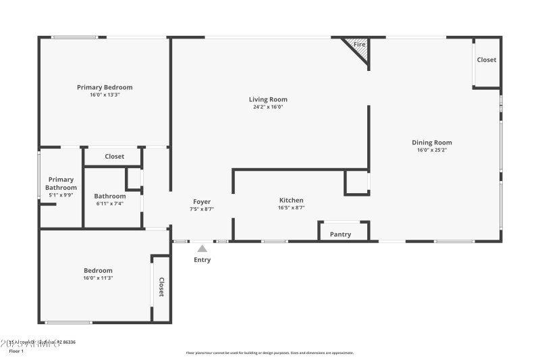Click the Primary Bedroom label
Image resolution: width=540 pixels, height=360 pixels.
[105, 87]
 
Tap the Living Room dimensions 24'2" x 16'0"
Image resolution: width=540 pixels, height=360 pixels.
[268, 107]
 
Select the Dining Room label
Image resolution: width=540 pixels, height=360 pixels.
[432, 143]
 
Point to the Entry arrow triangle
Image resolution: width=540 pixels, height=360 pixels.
[202, 249]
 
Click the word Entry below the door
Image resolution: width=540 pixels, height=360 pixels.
[202, 260]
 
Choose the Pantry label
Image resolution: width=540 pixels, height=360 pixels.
[340, 234]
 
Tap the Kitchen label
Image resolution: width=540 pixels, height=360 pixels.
[291, 200]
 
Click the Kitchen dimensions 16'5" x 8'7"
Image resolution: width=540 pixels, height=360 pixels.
[291, 208]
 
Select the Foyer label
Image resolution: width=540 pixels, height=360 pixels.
[202, 201]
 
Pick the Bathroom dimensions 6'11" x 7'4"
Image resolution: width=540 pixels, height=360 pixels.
[109, 203]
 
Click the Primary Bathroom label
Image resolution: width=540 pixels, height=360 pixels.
[61, 184]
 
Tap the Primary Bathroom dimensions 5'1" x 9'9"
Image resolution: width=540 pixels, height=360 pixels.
[61, 195]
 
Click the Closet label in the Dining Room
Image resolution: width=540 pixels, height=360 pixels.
[487, 59]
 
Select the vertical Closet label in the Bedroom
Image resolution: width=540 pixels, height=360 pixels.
[161, 288]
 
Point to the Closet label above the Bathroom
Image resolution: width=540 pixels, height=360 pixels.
[114, 157]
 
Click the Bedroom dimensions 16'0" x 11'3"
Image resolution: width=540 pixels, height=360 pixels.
[98, 278]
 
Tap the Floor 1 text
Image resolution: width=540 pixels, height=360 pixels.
[16, 351]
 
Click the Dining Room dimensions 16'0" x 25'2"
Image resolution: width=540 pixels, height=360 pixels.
[432, 150]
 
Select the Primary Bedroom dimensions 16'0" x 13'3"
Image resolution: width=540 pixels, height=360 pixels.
[105, 95]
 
